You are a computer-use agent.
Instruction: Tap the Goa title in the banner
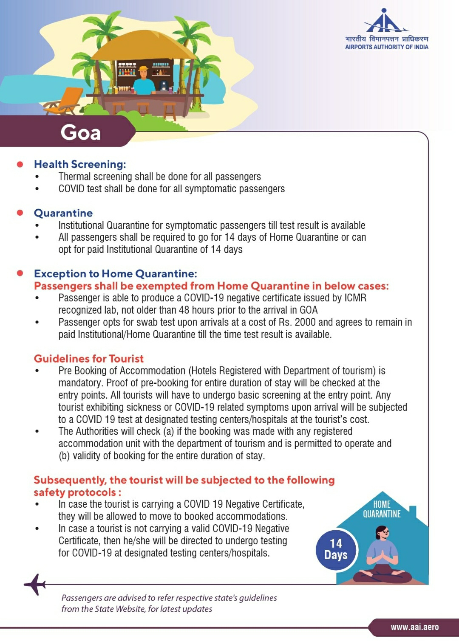[81, 132]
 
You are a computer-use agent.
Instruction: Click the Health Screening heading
[80, 164]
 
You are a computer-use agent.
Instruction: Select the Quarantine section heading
[63, 213]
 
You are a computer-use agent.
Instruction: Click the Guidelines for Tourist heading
[89, 359]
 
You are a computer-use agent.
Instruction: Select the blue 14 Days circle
[336, 549]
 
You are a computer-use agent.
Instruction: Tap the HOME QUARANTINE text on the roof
[382, 509]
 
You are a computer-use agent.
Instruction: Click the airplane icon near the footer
[35, 584]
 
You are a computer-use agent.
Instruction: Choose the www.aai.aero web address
[414, 627]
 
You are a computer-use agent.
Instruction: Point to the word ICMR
[355, 298]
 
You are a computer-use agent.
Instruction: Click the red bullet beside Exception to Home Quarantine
[20, 273]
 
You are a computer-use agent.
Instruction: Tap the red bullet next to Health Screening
[20, 164]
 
